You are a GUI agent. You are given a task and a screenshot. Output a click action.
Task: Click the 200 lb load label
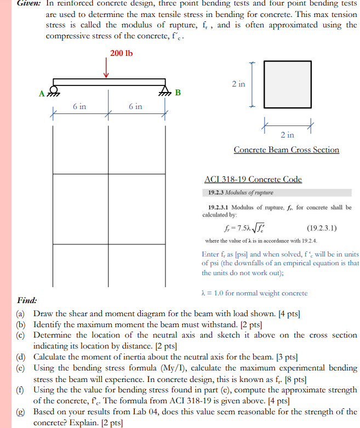click(x=121, y=53)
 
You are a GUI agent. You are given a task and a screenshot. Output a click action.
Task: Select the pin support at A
click(x=54, y=90)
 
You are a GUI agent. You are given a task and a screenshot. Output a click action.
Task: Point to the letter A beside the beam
click(x=42, y=93)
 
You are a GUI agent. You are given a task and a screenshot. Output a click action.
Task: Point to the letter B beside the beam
click(x=177, y=92)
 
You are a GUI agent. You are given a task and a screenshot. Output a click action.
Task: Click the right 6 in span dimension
click(x=135, y=106)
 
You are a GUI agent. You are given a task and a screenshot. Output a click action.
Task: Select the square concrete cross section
click(x=287, y=84)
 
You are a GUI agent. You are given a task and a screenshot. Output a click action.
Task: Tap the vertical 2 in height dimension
click(x=238, y=84)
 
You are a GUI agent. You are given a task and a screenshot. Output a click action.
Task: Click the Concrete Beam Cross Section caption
click(x=286, y=150)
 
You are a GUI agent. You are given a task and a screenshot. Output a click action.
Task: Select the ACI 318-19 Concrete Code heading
click(x=253, y=179)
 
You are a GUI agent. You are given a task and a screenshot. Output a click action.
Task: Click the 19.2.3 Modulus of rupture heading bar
click(x=277, y=193)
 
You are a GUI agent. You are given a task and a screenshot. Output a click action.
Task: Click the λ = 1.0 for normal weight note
click(x=255, y=293)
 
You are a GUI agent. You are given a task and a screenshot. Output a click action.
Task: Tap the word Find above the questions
click(x=27, y=300)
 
